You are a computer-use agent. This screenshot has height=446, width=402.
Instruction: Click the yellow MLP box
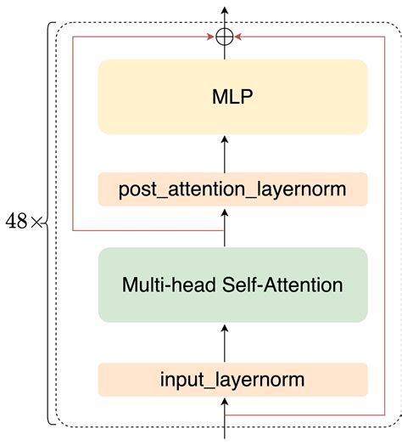(232, 97)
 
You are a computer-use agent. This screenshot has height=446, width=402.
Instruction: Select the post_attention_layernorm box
(232, 189)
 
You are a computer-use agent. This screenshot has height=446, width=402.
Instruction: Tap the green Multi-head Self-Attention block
(232, 285)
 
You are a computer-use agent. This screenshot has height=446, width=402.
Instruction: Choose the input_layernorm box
(232, 378)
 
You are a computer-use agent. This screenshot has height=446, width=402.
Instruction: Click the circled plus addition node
(225, 37)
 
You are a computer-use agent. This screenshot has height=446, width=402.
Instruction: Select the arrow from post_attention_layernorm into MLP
(225, 153)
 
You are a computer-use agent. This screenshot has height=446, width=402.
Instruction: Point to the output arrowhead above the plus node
(225, 11)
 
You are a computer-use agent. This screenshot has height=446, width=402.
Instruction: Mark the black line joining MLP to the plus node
(225, 52)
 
